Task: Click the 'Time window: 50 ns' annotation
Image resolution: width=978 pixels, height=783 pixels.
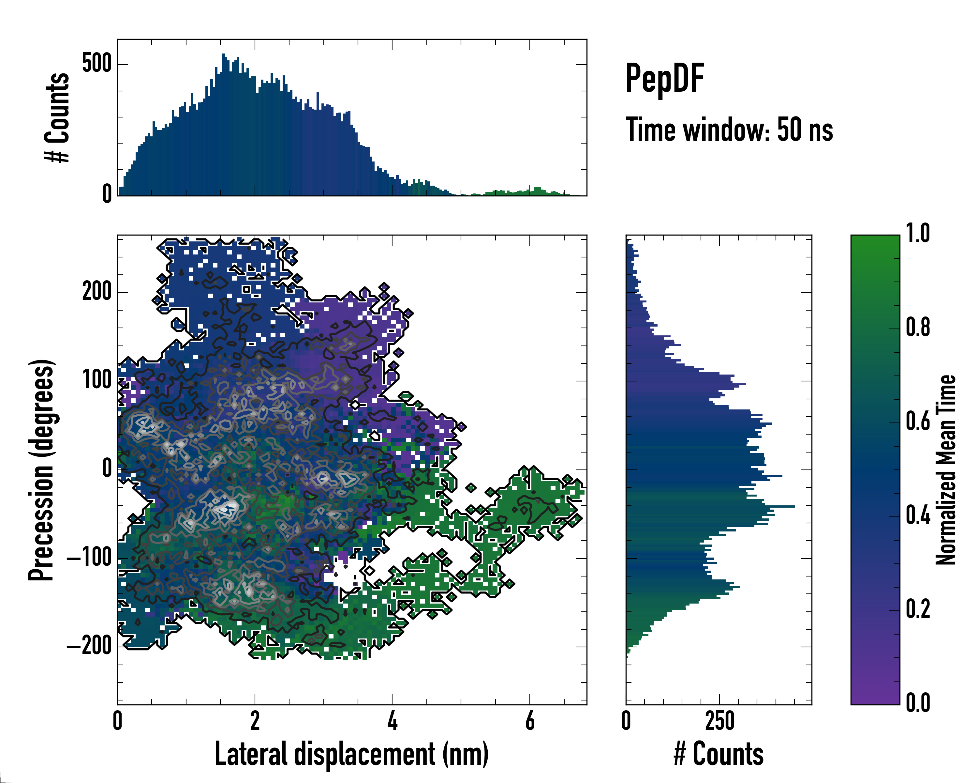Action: click(x=729, y=130)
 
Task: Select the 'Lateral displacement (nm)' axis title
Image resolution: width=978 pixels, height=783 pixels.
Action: click(x=351, y=754)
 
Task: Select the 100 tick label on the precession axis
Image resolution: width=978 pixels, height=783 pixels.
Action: click(x=96, y=380)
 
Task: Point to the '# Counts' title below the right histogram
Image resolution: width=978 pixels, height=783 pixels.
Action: click(x=719, y=754)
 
